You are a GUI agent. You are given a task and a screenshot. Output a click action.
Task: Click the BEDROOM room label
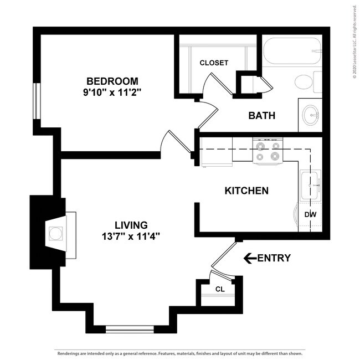point(112,81)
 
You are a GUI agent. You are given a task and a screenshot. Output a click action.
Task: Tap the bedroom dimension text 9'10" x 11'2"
point(112,92)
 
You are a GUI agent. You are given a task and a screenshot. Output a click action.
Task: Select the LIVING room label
point(131,225)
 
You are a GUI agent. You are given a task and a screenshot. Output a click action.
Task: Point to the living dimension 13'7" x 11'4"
point(131,236)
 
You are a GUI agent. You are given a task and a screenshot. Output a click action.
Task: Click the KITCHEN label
point(246,191)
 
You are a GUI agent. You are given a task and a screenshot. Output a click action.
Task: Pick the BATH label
point(262,116)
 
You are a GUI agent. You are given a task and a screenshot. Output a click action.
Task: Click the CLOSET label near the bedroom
point(214,63)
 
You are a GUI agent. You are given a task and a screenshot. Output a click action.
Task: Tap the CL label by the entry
point(220,289)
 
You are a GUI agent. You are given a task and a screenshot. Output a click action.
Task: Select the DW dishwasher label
point(310,214)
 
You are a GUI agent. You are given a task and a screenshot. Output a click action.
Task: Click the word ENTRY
point(274,258)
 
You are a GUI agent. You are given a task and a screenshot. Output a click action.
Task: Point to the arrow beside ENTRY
point(250,258)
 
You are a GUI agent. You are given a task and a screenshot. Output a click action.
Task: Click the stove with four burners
point(268,151)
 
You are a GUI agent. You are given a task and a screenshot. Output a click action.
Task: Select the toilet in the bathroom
point(306,83)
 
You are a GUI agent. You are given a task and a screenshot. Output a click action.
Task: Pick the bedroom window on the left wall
point(36,100)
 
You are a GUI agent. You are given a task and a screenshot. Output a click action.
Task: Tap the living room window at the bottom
point(129,329)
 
